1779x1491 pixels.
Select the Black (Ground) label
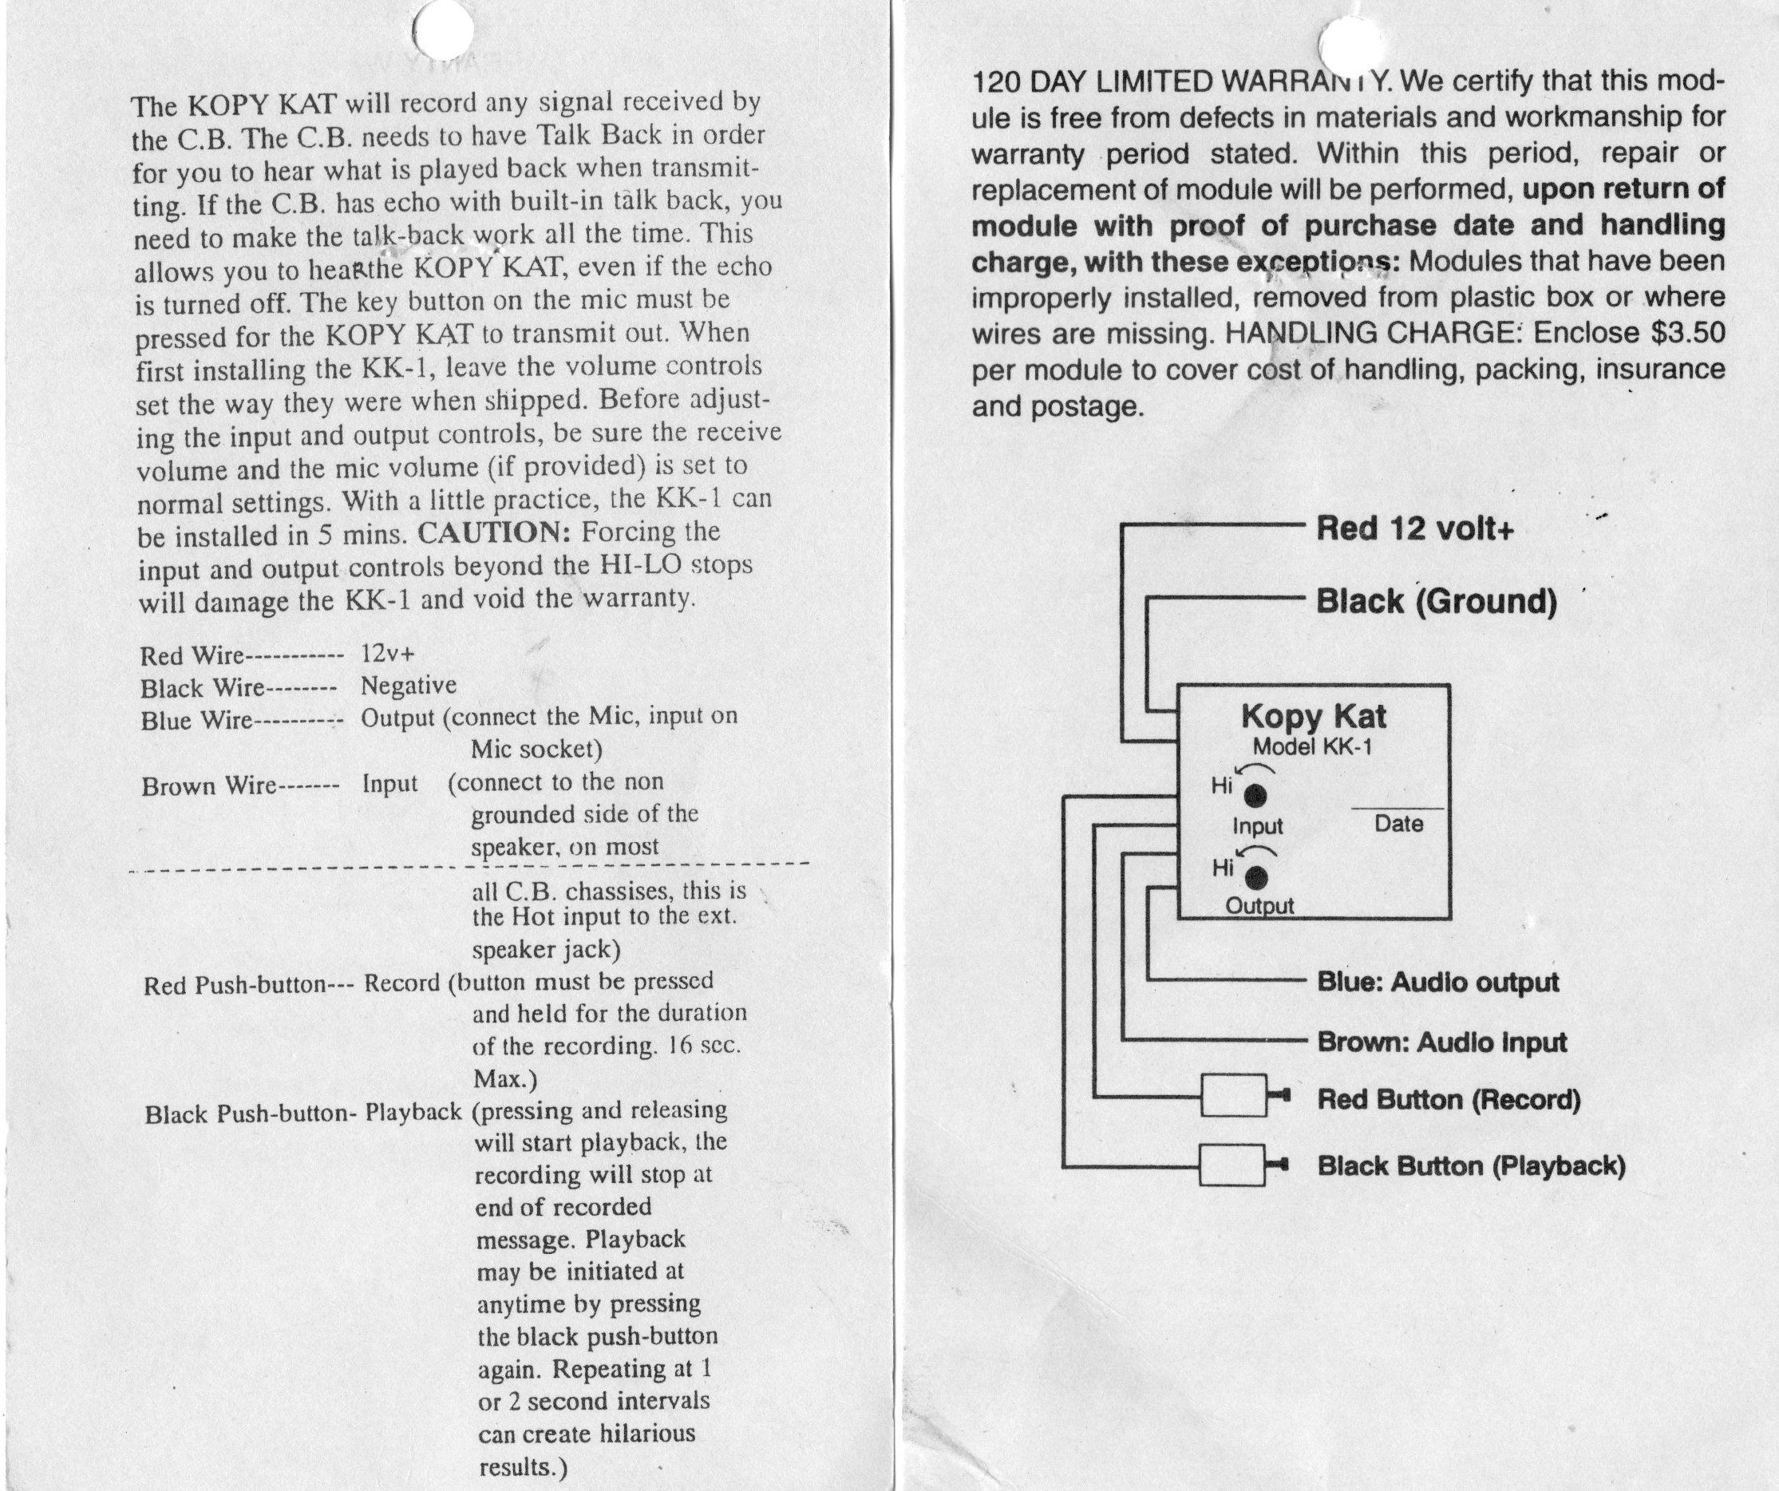1436,602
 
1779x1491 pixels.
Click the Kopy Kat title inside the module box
1313,717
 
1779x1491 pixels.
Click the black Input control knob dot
1255,796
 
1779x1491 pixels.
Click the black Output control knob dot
1255,878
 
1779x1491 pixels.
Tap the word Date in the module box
1398,824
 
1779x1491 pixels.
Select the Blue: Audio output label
1437,982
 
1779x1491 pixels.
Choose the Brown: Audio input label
1441,1041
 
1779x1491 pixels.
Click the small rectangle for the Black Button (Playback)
1232,1166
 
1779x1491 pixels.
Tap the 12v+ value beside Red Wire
388,653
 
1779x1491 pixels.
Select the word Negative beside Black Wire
409,685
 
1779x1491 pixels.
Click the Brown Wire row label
208,786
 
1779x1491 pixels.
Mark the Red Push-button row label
235,985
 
